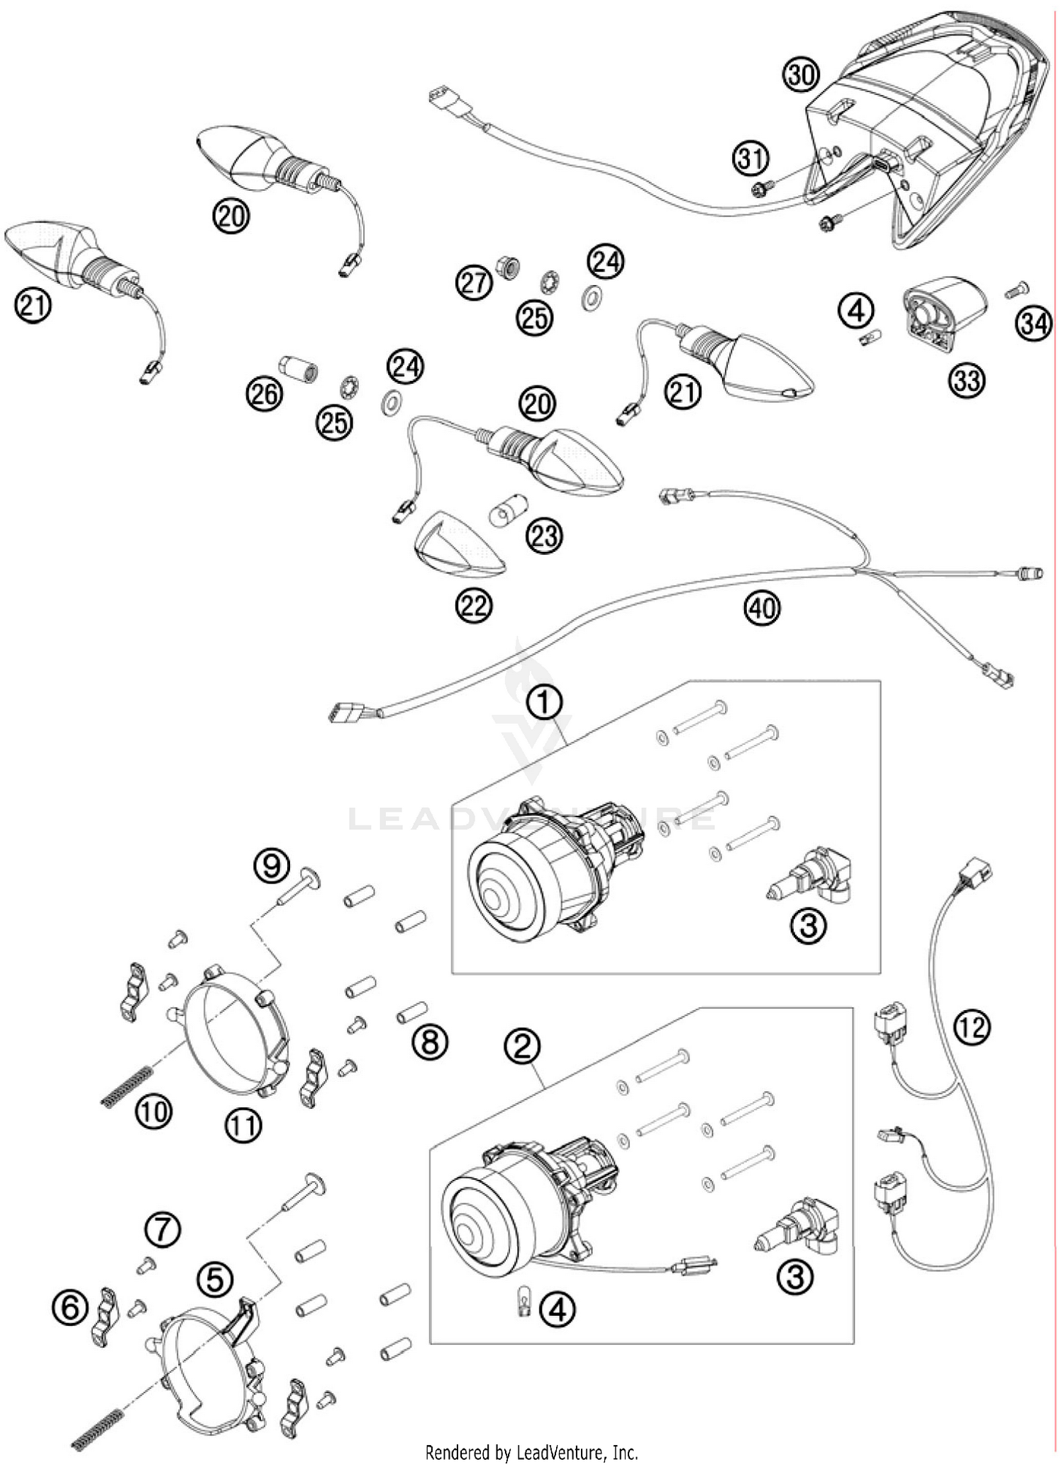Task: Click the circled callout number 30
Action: click(x=801, y=74)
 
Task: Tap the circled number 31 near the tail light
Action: click(x=750, y=157)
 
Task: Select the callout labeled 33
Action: click(x=967, y=381)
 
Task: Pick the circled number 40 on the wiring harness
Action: click(x=762, y=607)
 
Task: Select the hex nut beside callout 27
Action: click(x=508, y=266)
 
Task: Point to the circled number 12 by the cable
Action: click(x=972, y=1026)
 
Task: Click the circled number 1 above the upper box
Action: click(x=544, y=702)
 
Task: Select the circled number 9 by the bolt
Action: click(x=272, y=865)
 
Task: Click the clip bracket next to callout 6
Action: click(x=104, y=1316)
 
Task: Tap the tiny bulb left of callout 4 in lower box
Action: click(x=524, y=1307)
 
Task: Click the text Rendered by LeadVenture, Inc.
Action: click(x=531, y=1452)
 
